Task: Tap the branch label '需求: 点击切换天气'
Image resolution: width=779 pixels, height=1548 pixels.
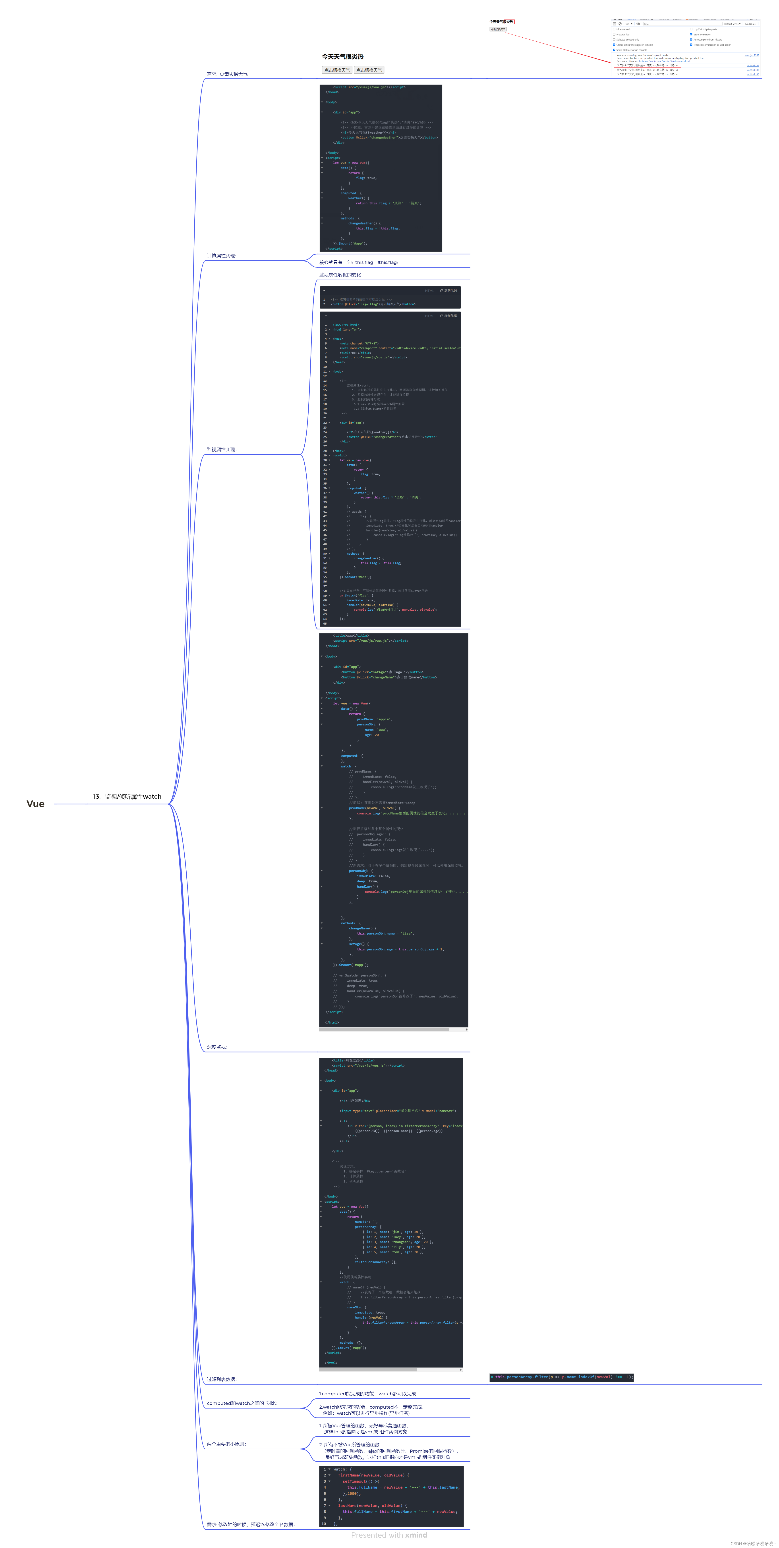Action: point(227,74)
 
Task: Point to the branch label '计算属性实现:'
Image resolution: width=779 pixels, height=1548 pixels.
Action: point(221,256)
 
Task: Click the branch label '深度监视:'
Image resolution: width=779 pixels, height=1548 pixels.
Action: point(217,1047)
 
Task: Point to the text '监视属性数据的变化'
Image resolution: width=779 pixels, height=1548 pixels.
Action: point(340,275)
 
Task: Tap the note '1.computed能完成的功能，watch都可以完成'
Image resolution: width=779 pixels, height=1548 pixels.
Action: point(367,1394)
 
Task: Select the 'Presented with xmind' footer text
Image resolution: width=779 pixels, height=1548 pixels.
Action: point(389,1535)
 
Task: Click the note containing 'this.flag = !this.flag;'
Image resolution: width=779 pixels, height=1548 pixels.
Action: point(358,263)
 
